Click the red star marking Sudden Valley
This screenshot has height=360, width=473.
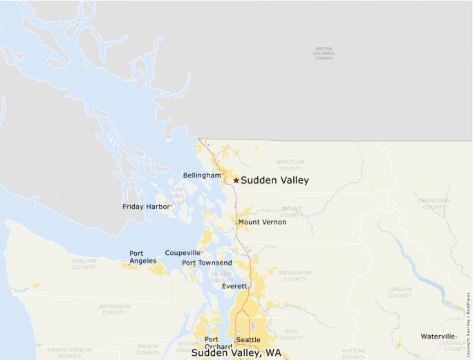pyautogui.click(x=236, y=180)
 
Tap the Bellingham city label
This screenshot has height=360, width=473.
pyautogui.click(x=202, y=176)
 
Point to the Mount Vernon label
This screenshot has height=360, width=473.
pyautogui.click(x=262, y=222)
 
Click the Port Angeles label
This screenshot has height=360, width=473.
pyautogui.click(x=142, y=257)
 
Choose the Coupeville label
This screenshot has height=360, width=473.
pyautogui.click(x=183, y=253)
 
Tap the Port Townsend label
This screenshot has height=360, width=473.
pyautogui.click(x=207, y=263)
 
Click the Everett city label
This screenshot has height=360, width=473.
pyautogui.click(x=234, y=286)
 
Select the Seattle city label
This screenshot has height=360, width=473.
pyautogui.click(x=248, y=340)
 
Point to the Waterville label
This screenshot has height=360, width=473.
pyautogui.click(x=438, y=337)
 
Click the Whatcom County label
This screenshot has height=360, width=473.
pyautogui.click(x=290, y=165)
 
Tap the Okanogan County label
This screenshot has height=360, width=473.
pyautogui.click(x=434, y=203)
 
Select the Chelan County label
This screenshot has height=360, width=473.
pyautogui.click(x=400, y=292)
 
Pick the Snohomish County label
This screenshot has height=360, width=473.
pyautogui.click(x=295, y=276)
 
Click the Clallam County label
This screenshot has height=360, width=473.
pyautogui.click(x=84, y=264)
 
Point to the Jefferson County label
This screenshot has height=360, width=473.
pyautogui.click(x=114, y=309)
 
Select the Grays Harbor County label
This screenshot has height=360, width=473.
pyautogui.click(x=69, y=353)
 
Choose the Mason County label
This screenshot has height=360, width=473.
pyautogui.click(x=147, y=350)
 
